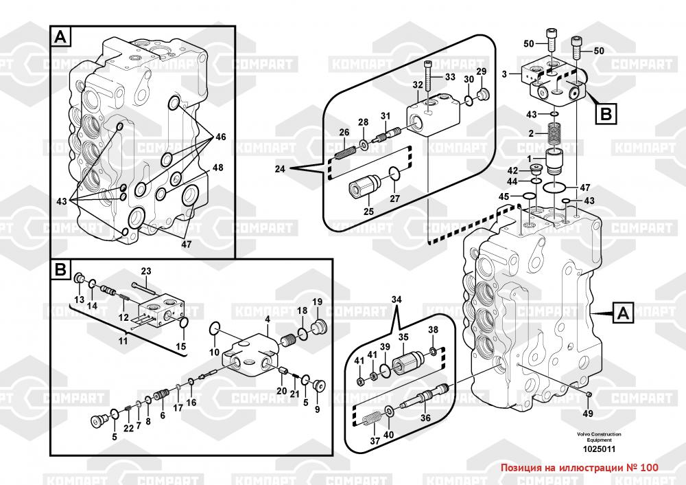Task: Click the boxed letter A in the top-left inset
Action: (x=61, y=37)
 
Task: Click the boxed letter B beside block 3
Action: (x=606, y=114)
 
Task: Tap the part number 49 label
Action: (x=588, y=413)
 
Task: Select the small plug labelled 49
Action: (x=589, y=395)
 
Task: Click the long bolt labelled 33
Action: (x=428, y=77)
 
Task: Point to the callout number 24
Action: (x=280, y=169)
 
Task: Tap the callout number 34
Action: (x=396, y=300)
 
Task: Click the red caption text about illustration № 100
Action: (x=579, y=468)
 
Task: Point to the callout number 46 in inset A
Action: (x=221, y=137)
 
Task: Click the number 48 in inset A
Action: (x=218, y=168)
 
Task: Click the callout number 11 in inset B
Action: (x=123, y=341)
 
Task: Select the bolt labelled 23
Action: (x=143, y=287)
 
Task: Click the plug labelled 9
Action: (x=318, y=385)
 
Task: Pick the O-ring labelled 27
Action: (x=394, y=173)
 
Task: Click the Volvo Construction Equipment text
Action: (x=599, y=437)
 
